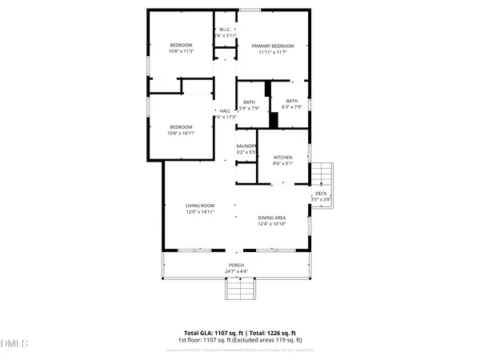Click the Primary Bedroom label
[274, 46]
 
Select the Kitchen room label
[283, 158]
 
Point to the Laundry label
[246, 146]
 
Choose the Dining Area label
[272, 218]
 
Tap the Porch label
[236, 265]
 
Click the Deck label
[320, 194]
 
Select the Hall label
[225, 111]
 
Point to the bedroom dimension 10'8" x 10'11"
[182, 133]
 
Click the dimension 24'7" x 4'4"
[236, 271]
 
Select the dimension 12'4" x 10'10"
[272, 225]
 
